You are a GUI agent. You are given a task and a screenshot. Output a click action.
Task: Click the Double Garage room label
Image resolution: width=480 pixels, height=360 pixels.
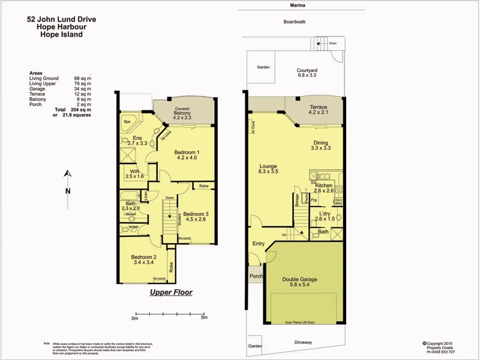click(300, 280)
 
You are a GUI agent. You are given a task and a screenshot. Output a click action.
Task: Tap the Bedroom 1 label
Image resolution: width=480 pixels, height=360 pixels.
click(187, 152)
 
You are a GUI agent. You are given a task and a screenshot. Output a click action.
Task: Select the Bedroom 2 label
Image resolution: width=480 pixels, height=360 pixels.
click(143, 257)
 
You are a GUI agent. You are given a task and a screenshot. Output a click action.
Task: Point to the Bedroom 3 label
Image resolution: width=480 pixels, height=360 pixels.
click(196, 214)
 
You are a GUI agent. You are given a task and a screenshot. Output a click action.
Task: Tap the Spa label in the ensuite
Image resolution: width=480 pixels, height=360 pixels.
click(127, 122)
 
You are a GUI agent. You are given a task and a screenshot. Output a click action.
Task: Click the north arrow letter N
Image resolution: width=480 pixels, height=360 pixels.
click(68, 191)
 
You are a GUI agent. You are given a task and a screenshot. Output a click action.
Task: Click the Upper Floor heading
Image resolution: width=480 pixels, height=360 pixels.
click(170, 293)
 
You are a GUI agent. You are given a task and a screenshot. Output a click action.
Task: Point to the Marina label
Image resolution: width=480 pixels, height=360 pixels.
click(298, 5)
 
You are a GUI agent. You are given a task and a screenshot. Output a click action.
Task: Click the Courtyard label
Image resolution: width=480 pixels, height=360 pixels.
click(307, 71)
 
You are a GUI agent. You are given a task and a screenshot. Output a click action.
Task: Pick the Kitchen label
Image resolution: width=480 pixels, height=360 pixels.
click(324, 186)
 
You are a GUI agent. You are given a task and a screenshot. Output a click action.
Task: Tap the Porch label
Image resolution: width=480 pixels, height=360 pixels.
click(256, 277)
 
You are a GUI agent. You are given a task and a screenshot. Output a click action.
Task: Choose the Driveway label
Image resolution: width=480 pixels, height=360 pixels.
click(304, 342)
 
